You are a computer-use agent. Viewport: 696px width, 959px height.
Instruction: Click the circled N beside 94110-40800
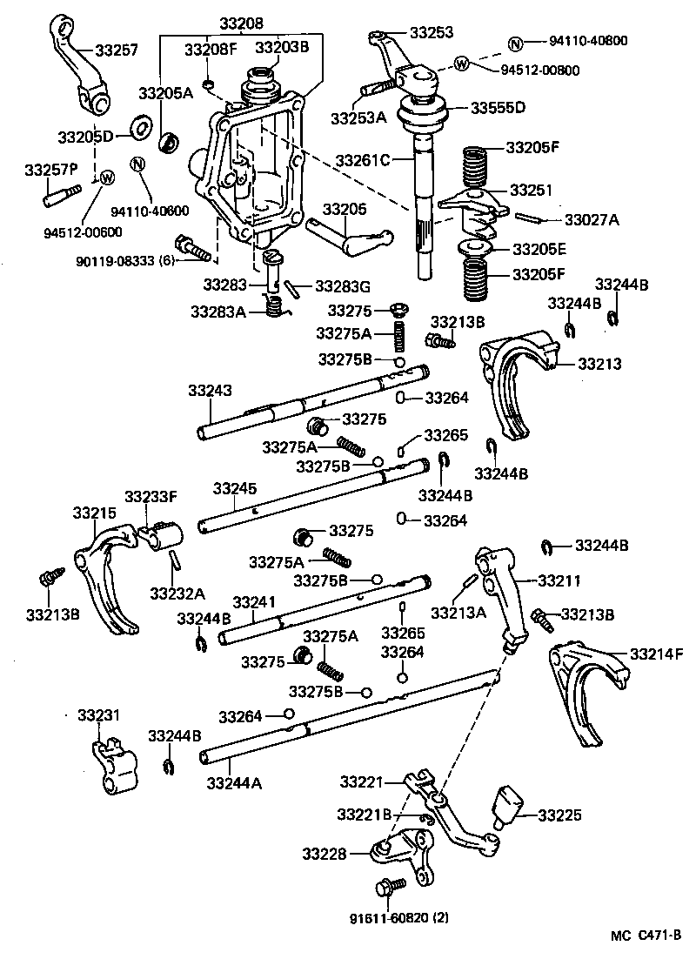click(x=515, y=42)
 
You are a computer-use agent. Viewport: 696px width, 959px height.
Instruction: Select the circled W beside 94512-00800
click(x=461, y=63)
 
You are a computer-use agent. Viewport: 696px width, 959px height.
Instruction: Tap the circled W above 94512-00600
click(x=107, y=178)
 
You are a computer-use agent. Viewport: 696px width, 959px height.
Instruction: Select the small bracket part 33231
click(x=111, y=763)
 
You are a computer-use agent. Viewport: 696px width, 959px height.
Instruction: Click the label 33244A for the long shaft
click(x=234, y=782)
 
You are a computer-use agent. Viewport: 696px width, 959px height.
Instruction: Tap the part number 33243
click(x=210, y=392)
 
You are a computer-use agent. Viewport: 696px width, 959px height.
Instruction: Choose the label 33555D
click(x=499, y=108)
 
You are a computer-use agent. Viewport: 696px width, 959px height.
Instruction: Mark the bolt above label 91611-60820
click(x=388, y=887)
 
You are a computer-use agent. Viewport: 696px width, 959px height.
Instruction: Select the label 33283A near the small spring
click(x=219, y=312)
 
